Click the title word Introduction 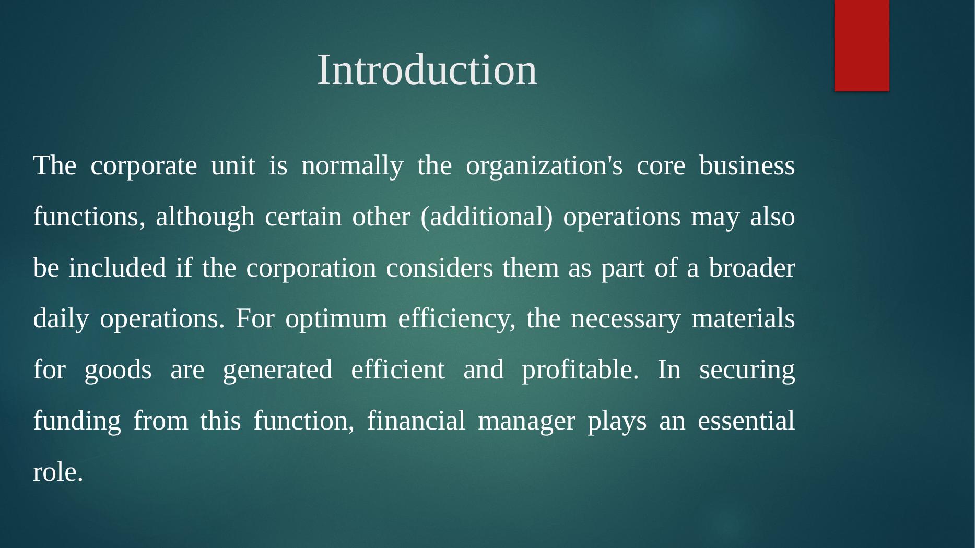pos(427,69)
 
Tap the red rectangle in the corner pos(862,45)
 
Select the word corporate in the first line pos(144,167)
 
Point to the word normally pos(353,167)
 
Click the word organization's pos(544,167)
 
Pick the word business pos(747,166)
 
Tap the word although pos(205,217)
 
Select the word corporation pos(311,269)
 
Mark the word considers pos(440,268)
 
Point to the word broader pos(752,268)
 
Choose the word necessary pos(626,319)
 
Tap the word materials pos(743,318)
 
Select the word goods pos(118,371)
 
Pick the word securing pos(747,371)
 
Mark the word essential pos(746,421)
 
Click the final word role pos(58,472)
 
